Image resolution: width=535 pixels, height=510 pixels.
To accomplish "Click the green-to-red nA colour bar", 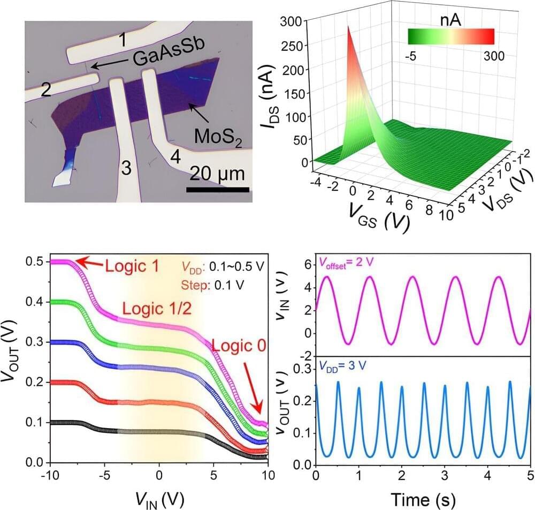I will pyautogui.click(x=450, y=36).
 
